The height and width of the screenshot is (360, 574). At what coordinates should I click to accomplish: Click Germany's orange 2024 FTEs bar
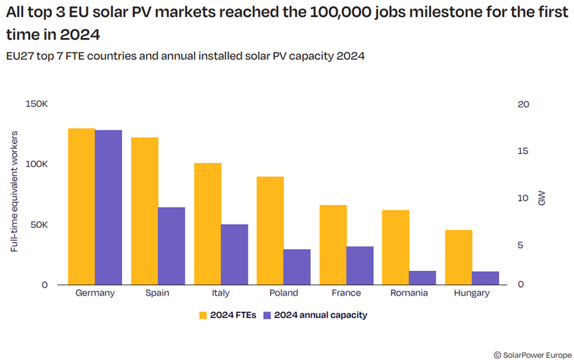click(81, 206)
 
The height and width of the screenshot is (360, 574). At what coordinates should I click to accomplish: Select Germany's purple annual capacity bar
click(108, 207)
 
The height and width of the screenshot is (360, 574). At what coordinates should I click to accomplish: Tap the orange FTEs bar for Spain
click(145, 211)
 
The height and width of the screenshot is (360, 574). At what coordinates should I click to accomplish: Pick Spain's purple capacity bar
click(171, 246)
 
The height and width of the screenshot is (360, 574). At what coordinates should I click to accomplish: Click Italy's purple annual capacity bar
click(234, 255)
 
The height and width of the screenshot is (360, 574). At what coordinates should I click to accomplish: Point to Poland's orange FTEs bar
click(270, 231)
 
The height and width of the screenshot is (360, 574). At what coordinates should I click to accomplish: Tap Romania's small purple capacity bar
click(422, 277)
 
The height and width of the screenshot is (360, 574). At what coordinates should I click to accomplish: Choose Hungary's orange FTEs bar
click(458, 257)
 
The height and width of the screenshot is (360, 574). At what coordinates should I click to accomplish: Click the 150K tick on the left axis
click(36, 104)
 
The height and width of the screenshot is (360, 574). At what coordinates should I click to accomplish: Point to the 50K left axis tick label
click(38, 225)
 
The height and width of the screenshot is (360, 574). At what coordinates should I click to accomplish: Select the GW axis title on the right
click(541, 198)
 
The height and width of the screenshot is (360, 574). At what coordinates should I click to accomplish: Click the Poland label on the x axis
click(283, 293)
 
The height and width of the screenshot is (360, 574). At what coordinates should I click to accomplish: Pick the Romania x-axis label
click(409, 293)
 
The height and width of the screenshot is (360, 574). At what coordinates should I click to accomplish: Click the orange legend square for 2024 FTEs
click(203, 315)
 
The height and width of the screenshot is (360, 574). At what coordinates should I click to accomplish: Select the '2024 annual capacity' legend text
click(320, 315)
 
